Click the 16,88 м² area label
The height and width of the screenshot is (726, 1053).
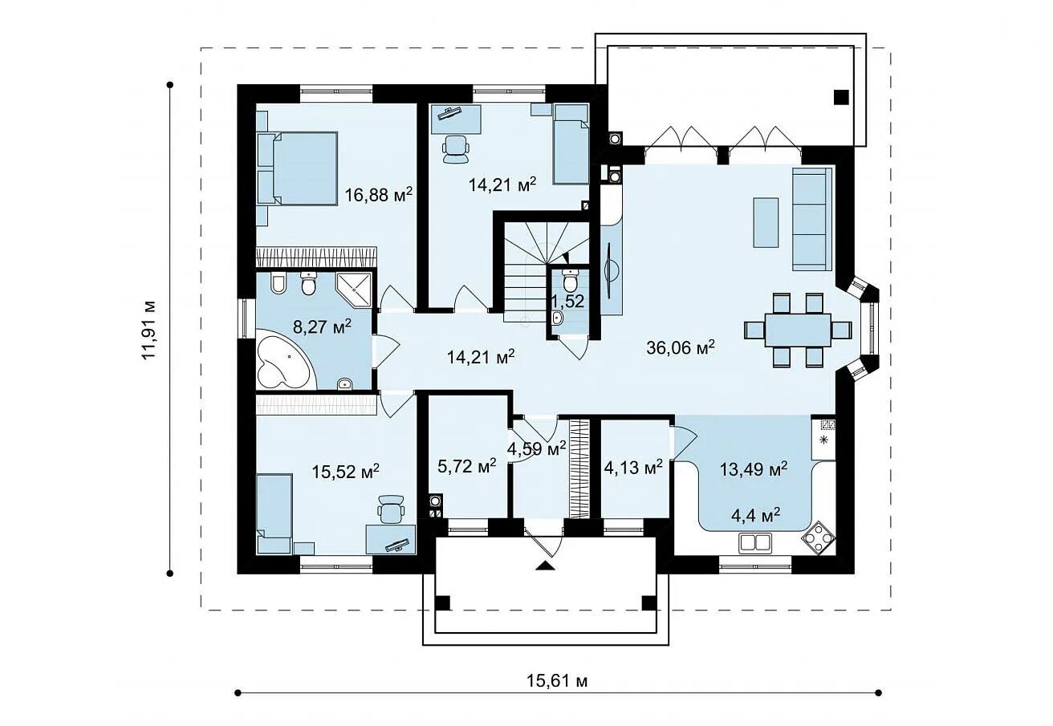pos(379,194)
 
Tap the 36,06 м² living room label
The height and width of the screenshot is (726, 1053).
pos(681,347)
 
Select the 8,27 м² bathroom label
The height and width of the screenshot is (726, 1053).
pos(322,326)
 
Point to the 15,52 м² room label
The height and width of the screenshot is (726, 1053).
pos(345,472)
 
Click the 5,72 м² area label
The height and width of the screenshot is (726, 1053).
pos(466,465)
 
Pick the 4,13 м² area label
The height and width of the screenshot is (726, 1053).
pos(633,467)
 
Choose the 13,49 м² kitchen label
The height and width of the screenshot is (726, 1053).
pos(754,468)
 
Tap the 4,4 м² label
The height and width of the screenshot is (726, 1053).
pos(756,517)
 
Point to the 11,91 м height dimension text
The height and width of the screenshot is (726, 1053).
pos(148,330)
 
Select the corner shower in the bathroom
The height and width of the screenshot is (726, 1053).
pos(353,290)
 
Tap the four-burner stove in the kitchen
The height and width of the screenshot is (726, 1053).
pos(819,537)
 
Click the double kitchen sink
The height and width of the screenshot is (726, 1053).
pos(755,542)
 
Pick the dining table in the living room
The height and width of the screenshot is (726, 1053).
pos(798,330)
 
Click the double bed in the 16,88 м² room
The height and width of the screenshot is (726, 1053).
pos(301,168)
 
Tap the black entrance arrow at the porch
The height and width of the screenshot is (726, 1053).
pos(545,566)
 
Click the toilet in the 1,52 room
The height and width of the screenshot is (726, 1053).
pos(570,281)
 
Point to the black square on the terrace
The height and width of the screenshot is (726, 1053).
pos(841,97)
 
